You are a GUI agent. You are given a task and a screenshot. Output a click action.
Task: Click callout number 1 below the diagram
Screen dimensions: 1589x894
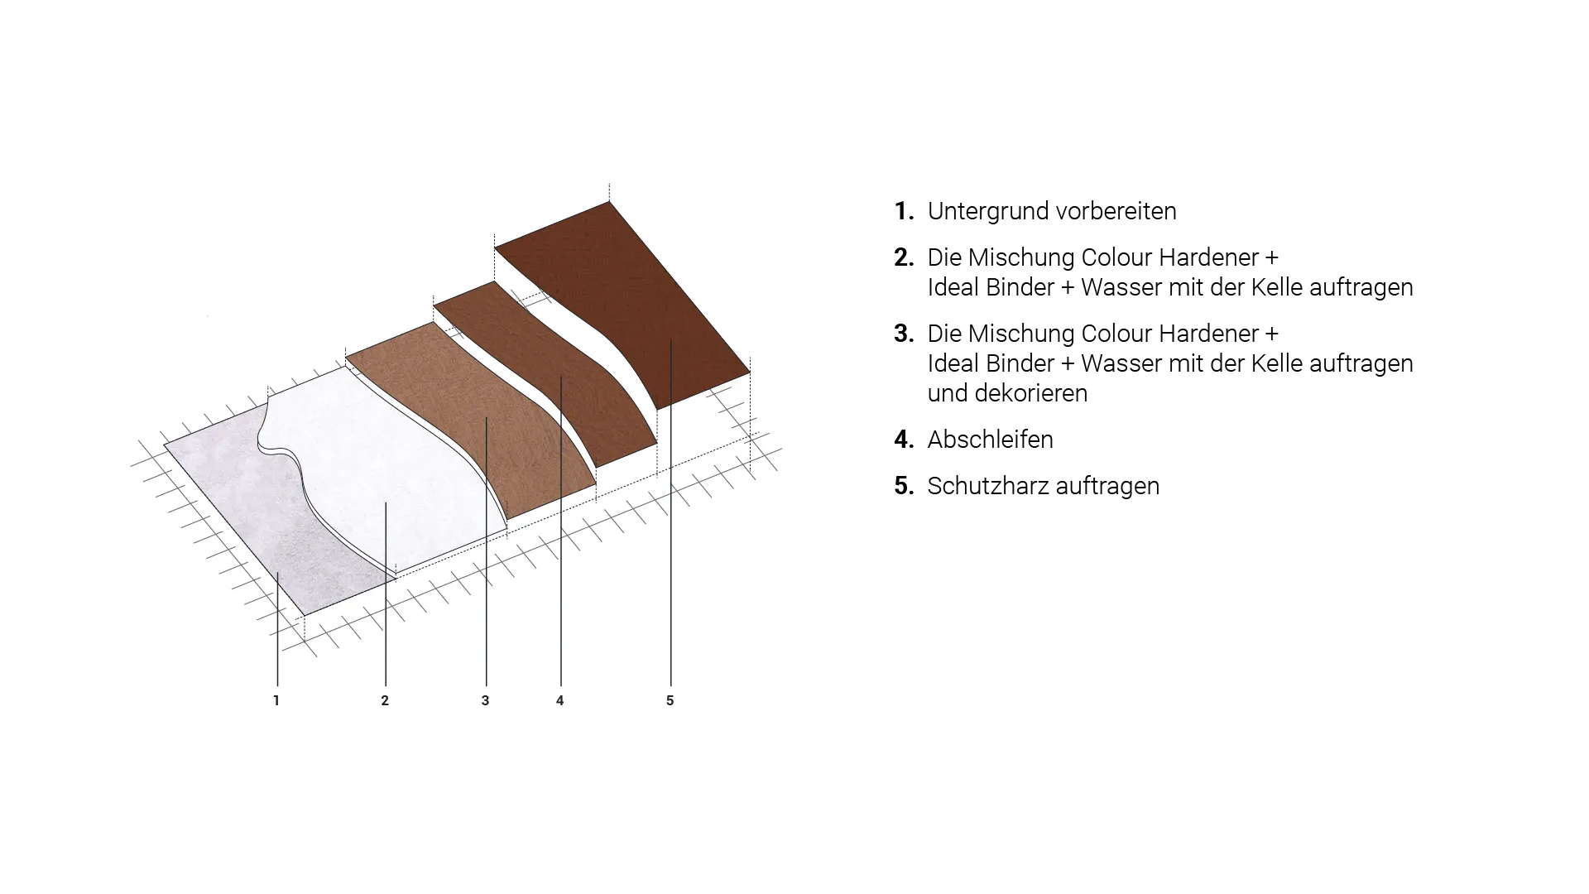coord(276,700)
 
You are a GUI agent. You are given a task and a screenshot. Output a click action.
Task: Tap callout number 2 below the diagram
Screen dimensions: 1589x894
coord(385,700)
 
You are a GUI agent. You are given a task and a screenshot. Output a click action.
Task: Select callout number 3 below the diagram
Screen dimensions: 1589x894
coord(485,700)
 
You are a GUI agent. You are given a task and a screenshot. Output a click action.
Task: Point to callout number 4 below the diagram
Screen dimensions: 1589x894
coord(560,700)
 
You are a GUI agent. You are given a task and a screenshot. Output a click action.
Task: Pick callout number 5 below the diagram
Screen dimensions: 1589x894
coord(670,700)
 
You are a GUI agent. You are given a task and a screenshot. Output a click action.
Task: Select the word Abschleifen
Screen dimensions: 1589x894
coord(991,440)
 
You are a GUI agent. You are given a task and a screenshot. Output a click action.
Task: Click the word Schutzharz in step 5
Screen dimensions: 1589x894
coord(980,486)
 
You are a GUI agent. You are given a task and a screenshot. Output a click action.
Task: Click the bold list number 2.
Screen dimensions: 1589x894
coord(904,257)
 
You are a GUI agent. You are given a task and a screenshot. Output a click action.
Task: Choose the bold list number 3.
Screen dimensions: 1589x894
coord(904,334)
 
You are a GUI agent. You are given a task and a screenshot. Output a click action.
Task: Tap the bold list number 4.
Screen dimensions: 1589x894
coord(904,440)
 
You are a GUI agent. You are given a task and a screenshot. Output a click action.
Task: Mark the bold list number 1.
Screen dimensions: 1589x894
coord(904,211)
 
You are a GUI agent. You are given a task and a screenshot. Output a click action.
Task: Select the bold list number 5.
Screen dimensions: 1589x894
coord(904,486)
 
